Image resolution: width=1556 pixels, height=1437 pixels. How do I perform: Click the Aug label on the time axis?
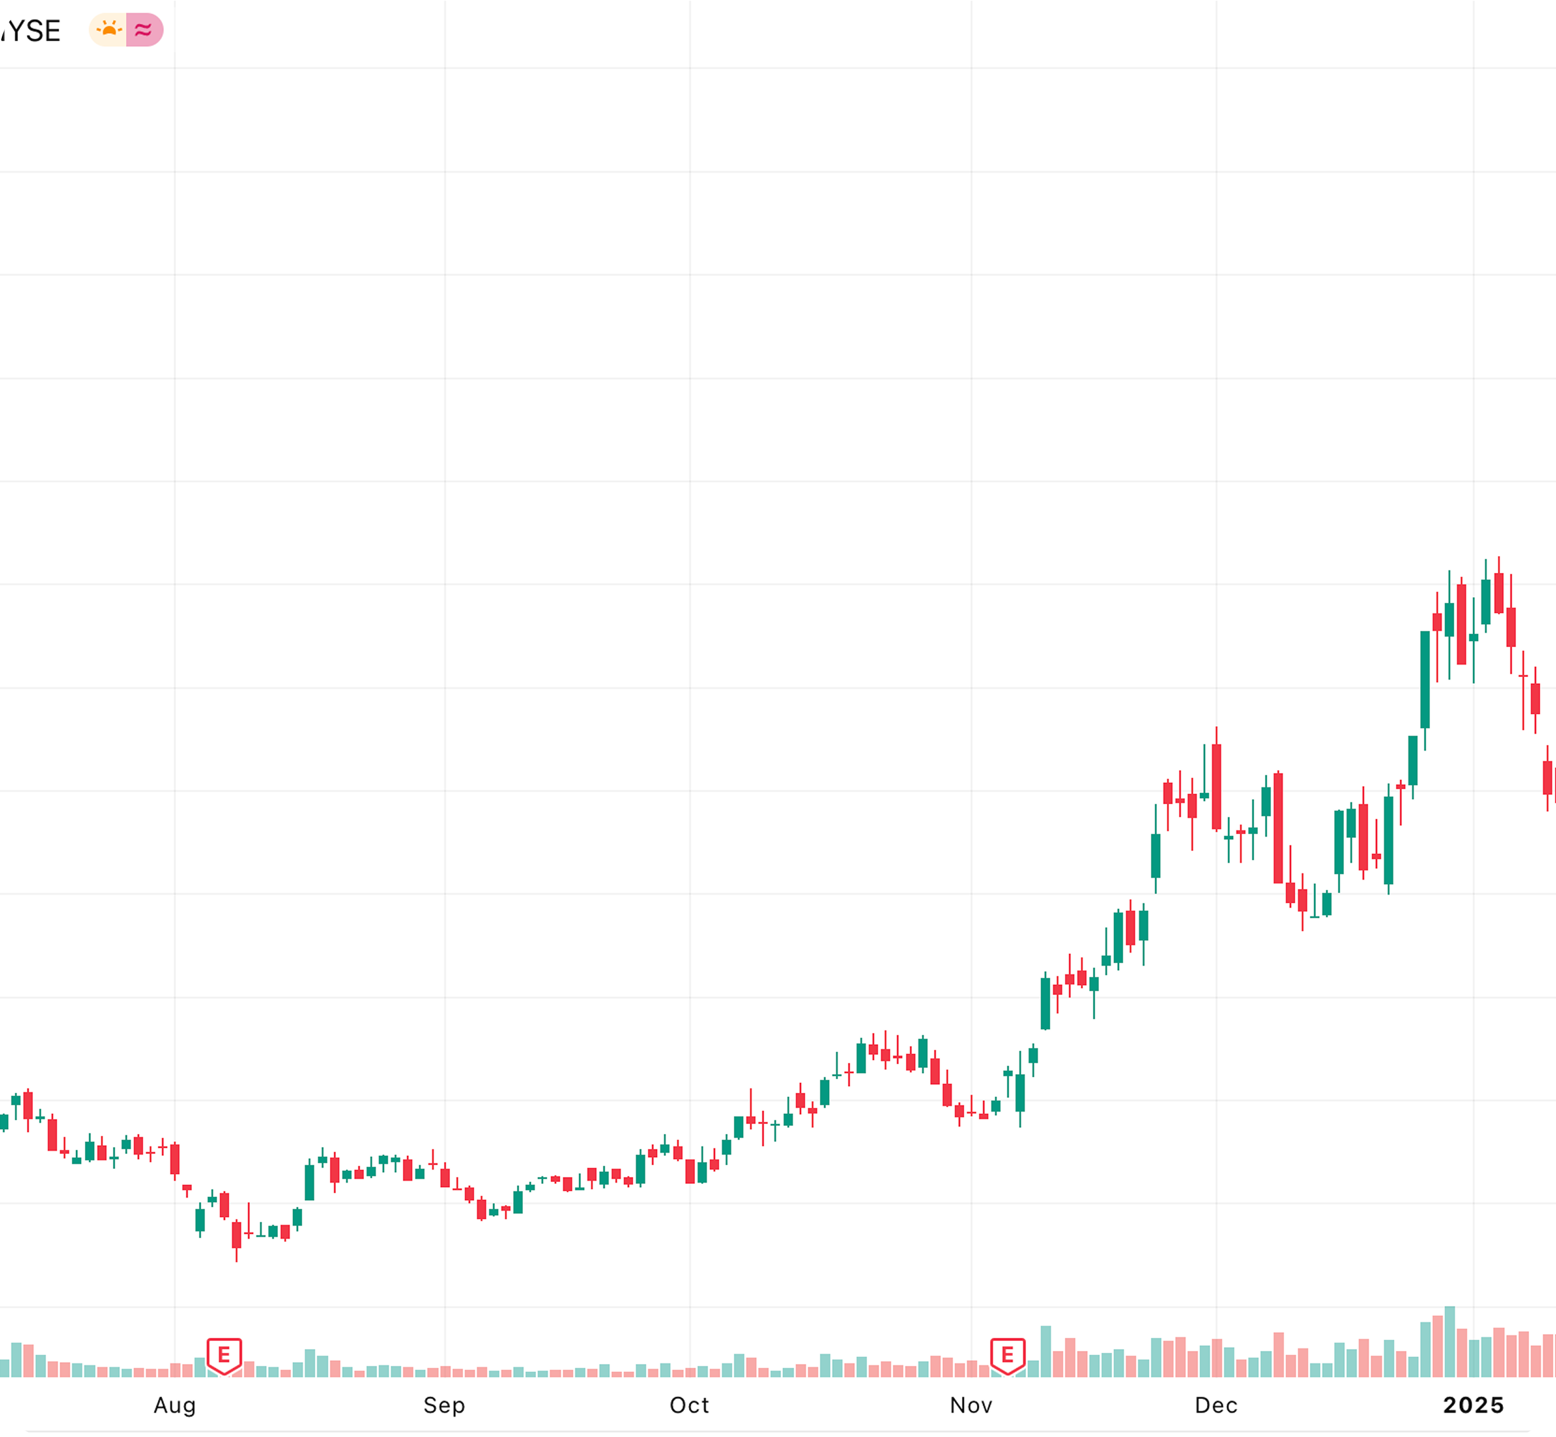click(175, 1405)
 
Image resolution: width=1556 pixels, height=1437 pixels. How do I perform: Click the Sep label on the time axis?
click(444, 1405)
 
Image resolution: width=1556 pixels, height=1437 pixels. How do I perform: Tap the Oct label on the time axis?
click(689, 1405)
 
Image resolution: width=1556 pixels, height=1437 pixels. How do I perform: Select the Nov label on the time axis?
click(971, 1405)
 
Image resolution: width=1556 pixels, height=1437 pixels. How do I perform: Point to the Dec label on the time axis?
click(1216, 1405)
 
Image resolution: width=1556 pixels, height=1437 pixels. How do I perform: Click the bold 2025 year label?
click(1474, 1405)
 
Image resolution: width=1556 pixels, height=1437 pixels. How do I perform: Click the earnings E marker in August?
click(224, 1355)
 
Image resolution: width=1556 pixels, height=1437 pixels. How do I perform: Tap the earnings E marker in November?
click(1007, 1355)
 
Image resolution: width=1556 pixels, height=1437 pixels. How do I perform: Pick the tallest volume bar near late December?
click(1449, 1342)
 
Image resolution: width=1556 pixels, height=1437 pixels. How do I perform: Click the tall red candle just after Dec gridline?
click(1216, 786)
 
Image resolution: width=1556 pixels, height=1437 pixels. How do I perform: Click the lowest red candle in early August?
click(236, 1233)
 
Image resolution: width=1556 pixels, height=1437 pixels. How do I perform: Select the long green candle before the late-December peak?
click(1424, 679)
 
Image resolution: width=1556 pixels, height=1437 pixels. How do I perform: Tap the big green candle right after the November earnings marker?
click(1045, 1003)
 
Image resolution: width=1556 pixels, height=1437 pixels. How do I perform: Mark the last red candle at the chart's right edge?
click(1547, 777)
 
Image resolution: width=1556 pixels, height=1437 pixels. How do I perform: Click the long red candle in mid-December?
click(1277, 827)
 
